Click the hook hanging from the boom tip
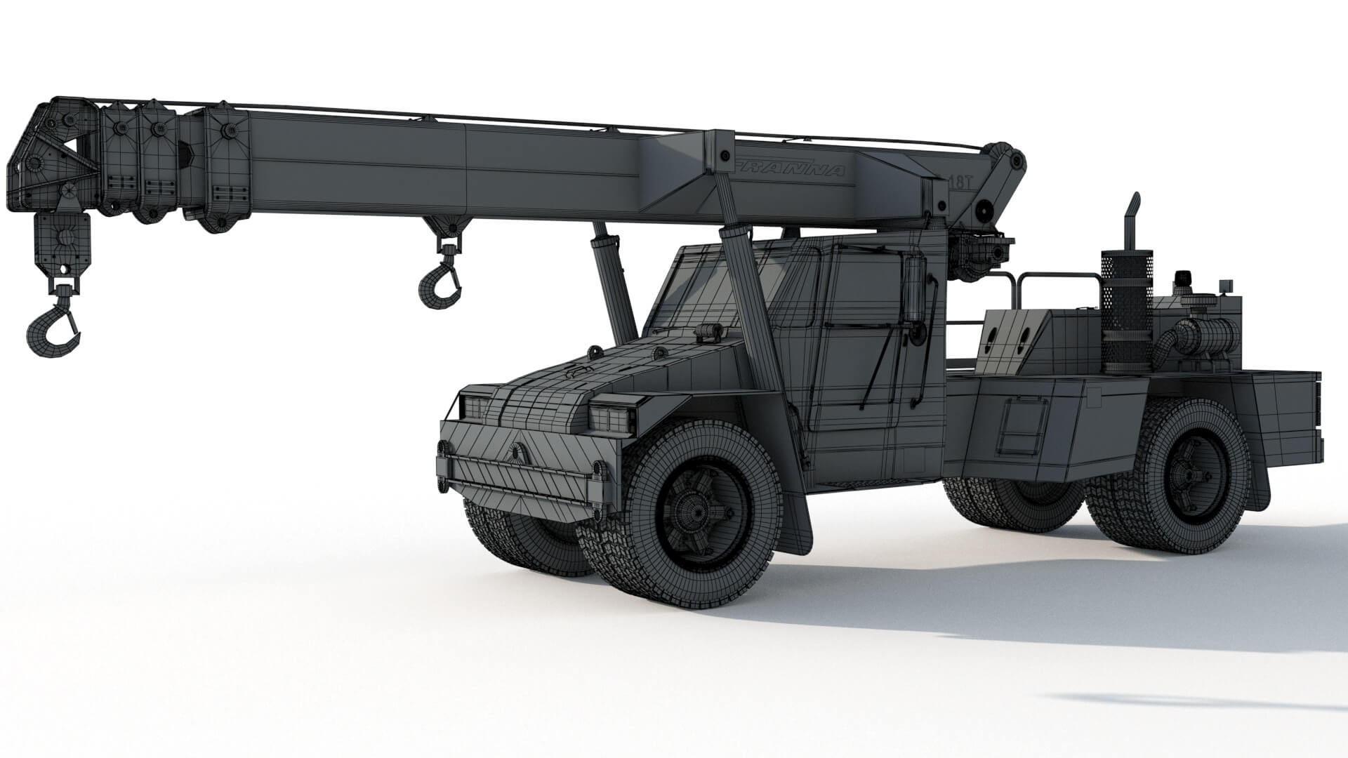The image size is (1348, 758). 52,326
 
